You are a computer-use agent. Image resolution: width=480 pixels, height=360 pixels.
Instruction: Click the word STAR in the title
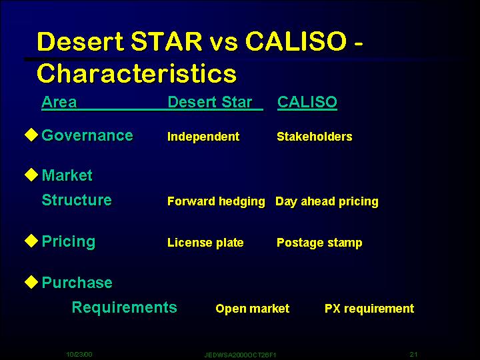[167, 41]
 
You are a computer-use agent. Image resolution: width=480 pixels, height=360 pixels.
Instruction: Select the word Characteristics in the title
[137, 73]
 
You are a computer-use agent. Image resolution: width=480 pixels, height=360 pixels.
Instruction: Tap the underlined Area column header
[59, 102]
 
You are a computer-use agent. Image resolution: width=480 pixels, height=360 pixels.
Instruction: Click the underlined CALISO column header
[307, 102]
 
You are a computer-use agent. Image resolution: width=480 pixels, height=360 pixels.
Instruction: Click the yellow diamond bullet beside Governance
[31, 135]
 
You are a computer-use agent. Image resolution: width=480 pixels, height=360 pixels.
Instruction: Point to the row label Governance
[87, 135]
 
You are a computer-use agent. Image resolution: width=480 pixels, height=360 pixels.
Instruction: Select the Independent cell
[203, 137]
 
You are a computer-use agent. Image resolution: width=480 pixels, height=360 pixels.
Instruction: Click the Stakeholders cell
[315, 137]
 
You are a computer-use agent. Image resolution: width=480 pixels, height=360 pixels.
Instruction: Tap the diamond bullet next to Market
[31, 175]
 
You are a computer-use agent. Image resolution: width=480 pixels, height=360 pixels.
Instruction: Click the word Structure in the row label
[77, 200]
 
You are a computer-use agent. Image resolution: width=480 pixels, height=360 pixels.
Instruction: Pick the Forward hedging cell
[216, 202]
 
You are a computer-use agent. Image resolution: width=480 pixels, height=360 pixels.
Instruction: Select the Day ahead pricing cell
[327, 202]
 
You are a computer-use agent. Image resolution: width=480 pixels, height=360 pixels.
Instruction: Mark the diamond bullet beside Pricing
[31, 241]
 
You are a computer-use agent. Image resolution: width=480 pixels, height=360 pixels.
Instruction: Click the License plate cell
[205, 243]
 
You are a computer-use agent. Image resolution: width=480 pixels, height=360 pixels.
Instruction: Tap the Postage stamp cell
[319, 243]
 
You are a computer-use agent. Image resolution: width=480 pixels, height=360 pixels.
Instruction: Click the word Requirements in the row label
[124, 307]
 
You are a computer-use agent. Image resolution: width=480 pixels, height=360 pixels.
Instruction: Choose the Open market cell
[252, 309]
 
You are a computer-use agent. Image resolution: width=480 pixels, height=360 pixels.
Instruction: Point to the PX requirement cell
[369, 309]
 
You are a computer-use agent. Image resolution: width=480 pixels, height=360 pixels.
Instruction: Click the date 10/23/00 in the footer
[79, 355]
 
